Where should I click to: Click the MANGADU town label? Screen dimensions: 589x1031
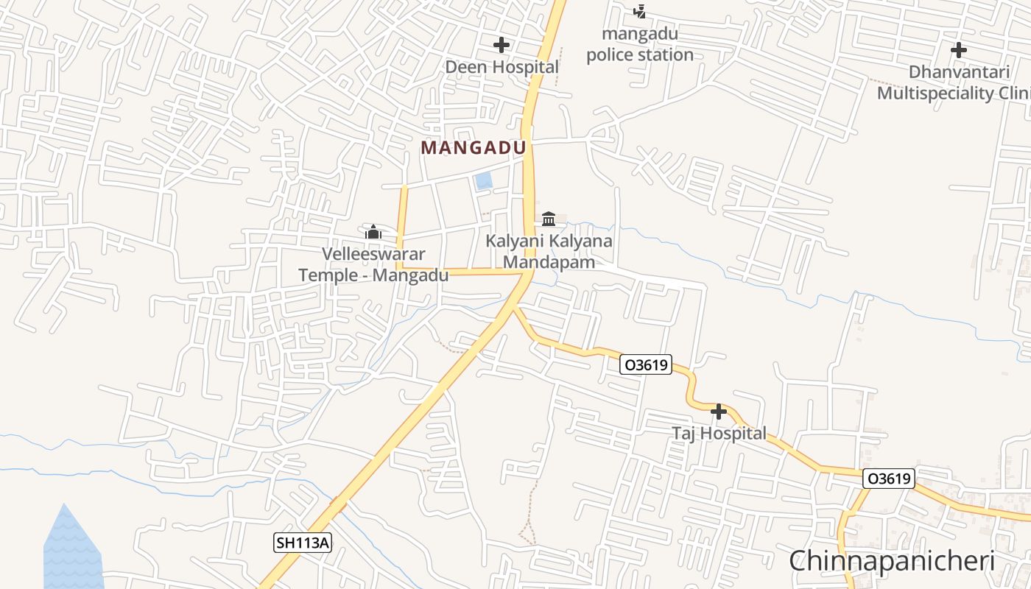(474, 148)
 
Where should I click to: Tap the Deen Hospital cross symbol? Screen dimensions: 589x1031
(502, 45)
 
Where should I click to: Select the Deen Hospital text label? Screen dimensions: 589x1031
(502, 67)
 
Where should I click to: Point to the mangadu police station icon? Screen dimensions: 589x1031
(640, 11)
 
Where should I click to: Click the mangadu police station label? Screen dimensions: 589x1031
(639, 44)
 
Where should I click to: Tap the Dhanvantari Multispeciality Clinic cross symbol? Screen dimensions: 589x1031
(958, 50)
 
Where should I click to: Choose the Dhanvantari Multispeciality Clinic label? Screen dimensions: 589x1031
(954, 82)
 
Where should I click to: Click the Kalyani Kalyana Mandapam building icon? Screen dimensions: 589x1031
(549, 219)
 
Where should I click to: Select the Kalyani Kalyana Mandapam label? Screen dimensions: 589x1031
(548, 251)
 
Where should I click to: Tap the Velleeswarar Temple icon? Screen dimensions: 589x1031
(373, 232)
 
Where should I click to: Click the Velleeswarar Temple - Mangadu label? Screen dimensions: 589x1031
(373, 265)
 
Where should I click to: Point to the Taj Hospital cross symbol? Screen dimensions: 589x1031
(719, 412)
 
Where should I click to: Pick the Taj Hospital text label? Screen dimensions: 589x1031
(719, 434)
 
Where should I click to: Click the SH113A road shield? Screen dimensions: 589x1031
(303, 543)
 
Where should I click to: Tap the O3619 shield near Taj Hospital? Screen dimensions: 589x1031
(646, 364)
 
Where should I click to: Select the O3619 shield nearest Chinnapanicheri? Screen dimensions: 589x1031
(889, 479)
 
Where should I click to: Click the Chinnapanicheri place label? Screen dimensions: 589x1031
(892, 561)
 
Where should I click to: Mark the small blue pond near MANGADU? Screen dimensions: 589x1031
(484, 180)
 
